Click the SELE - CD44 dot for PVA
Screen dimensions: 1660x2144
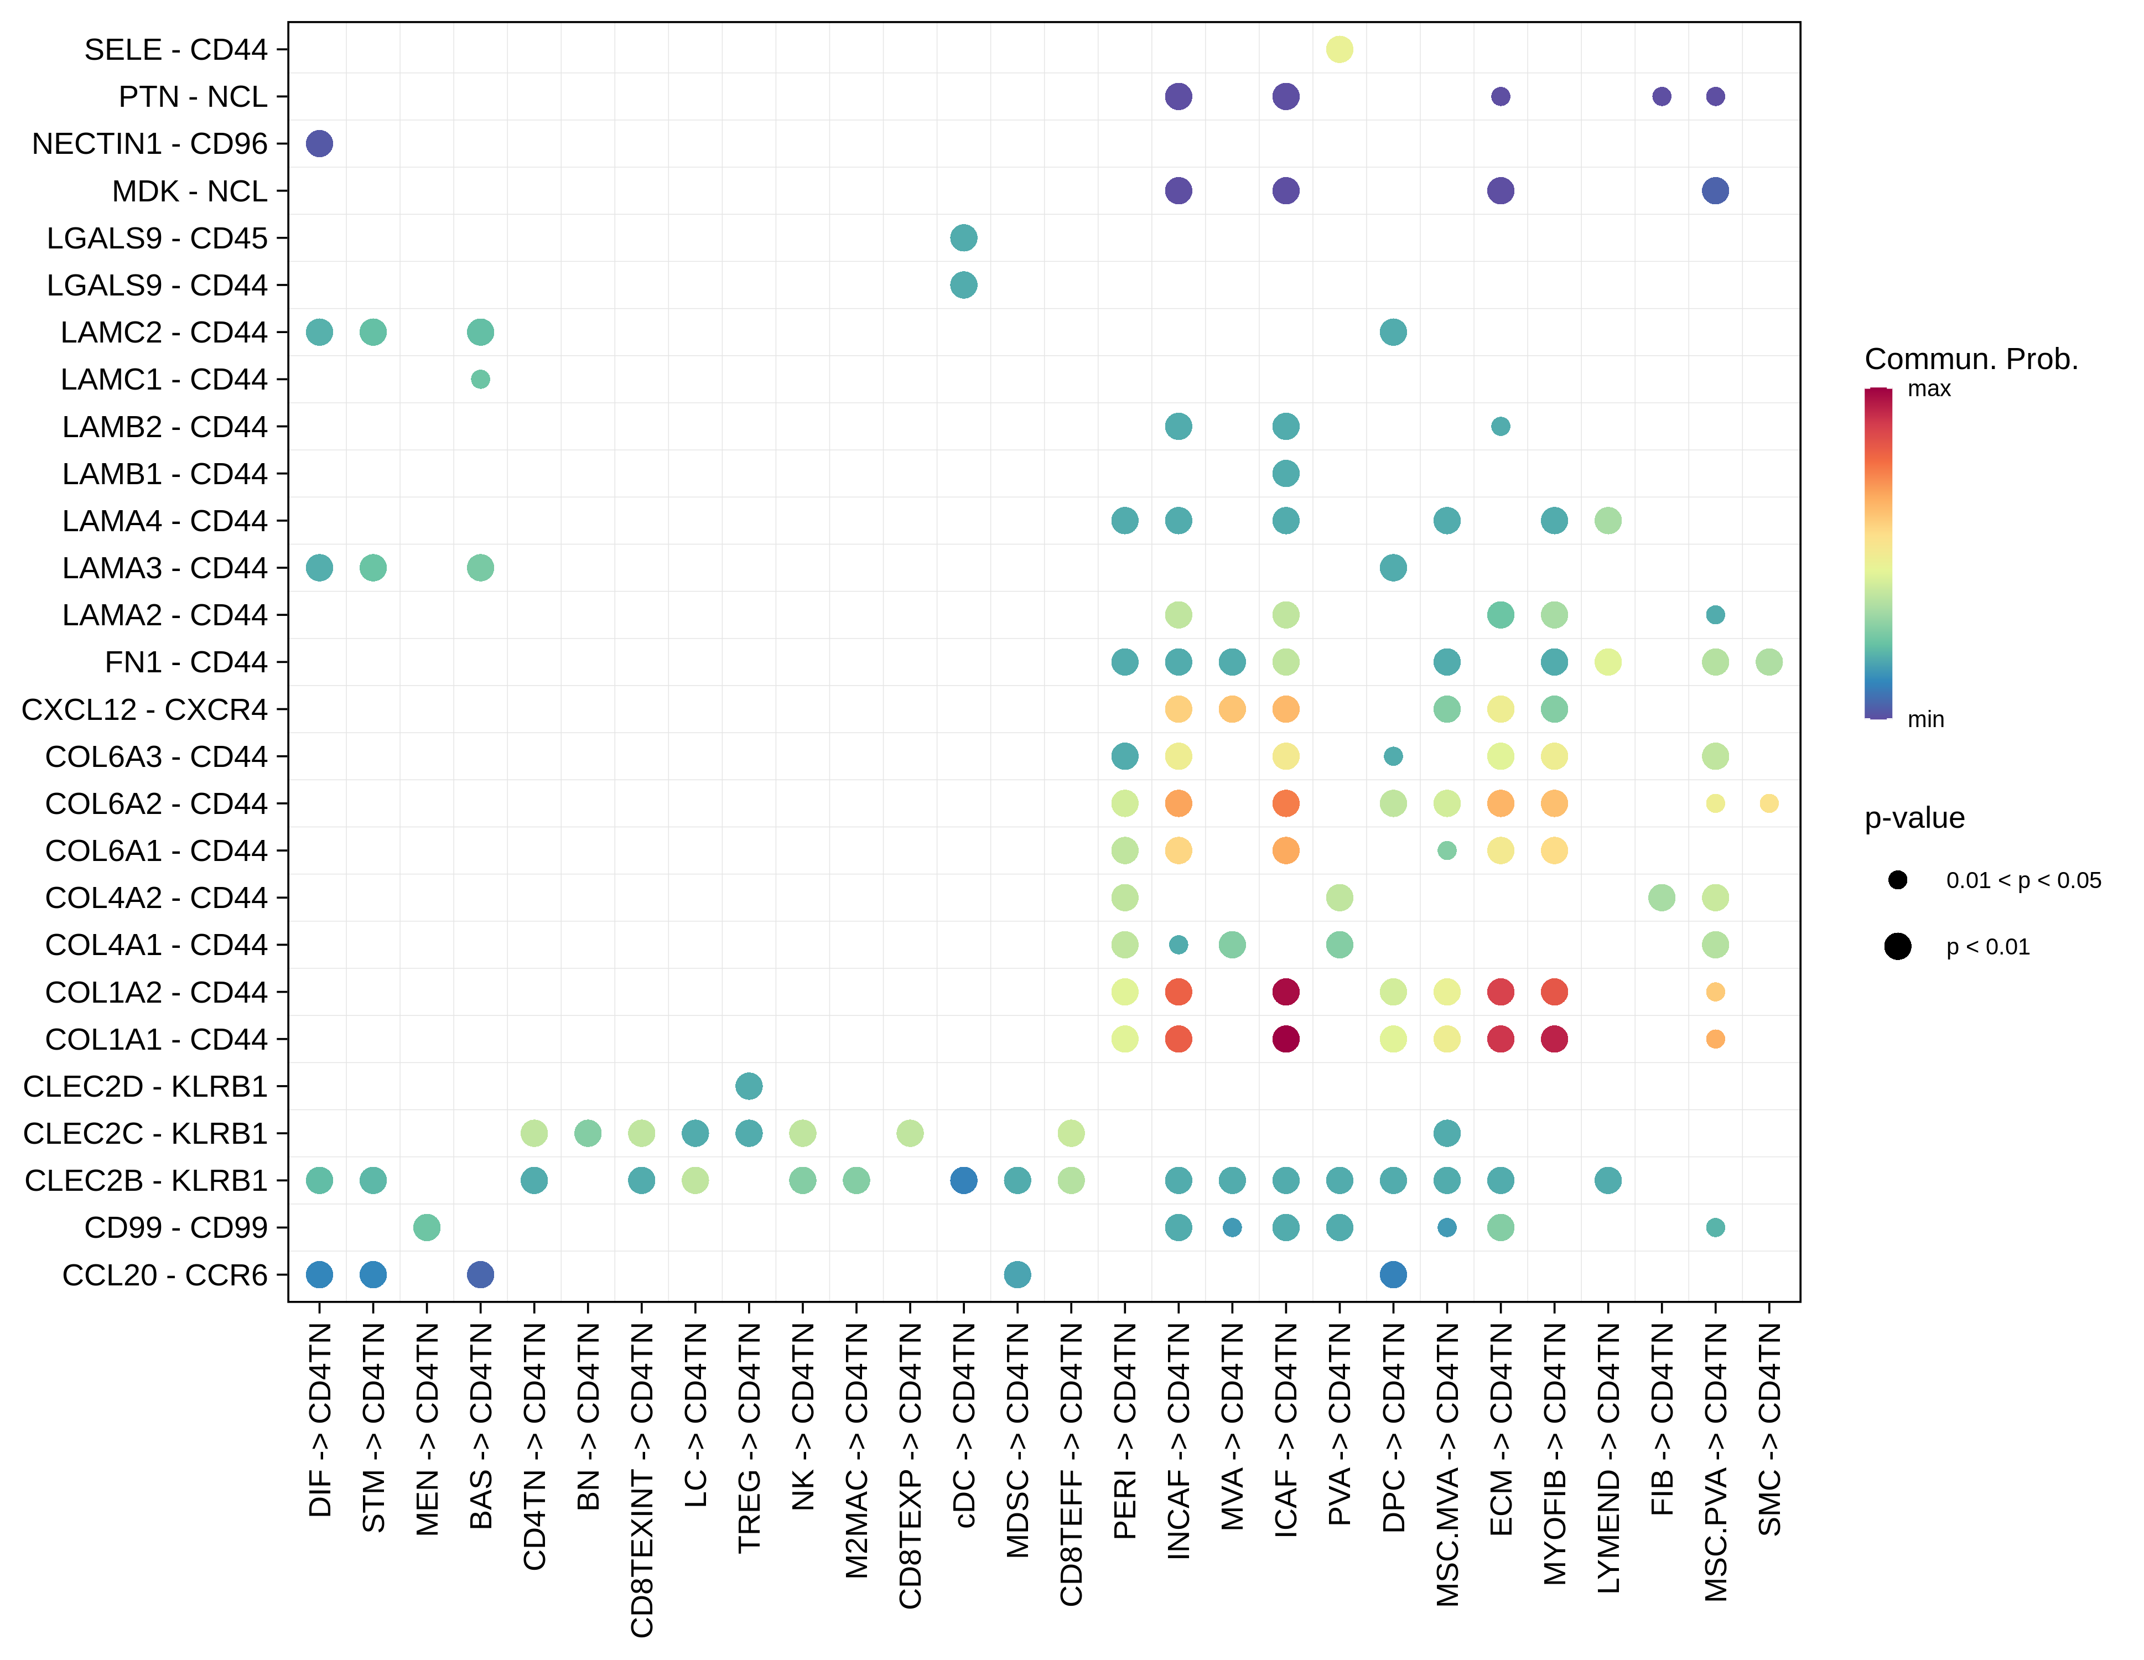pyautogui.click(x=1339, y=49)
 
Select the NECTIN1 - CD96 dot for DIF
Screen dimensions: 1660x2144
pyautogui.click(x=319, y=143)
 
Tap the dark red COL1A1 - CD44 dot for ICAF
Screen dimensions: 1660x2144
pyautogui.click(x=1285, y=1039)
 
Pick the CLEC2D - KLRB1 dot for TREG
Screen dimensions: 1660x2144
pyautogui.click(x=748, y=1086)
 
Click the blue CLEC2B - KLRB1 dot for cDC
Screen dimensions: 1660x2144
pyautogui.click(x=963, y=1180)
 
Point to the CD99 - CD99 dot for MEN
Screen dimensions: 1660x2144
pyautogui.click(x=426, y=1227)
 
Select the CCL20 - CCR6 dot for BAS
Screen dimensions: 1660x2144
pyautogui.click(x=480, y=1274)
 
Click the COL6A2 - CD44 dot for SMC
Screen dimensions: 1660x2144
pyautogui.click(x=1768, y=803)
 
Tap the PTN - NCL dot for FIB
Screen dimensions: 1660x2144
pyautogui.click(x=1661, y=96)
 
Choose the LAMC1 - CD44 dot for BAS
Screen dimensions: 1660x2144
pyautogui.click(x=480, y=379)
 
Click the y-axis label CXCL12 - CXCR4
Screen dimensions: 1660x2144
pyautogui.click(x=144, y=709)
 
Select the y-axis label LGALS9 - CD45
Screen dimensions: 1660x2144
pyautogui.click(x=157, y=237)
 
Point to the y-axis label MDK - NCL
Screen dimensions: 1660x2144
pyautogui.click(x=189, y=190)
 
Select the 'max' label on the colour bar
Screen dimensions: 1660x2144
pyautogui.click(x=1929, y=389)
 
